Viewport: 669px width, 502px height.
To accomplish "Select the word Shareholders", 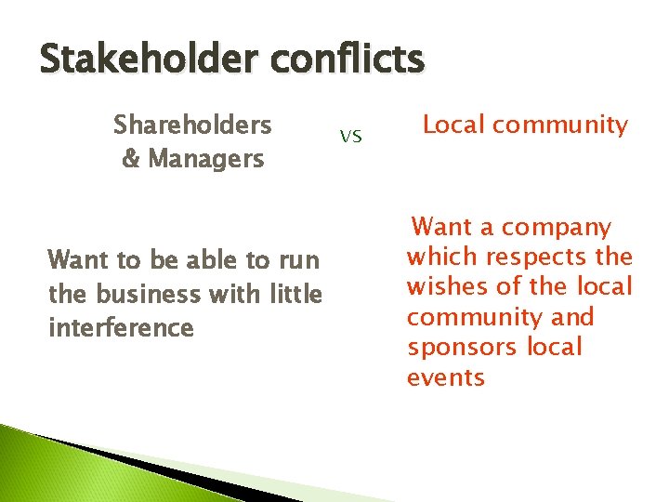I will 192,125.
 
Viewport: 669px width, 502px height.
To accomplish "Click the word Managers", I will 206,159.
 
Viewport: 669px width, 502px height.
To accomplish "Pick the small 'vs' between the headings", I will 350,137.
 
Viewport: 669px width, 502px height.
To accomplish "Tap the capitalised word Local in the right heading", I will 456,125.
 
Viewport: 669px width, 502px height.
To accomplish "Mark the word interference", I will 121,328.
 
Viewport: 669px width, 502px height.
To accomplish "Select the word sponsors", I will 461,348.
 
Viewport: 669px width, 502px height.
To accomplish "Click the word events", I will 446,377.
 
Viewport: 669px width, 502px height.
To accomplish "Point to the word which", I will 439,257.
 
